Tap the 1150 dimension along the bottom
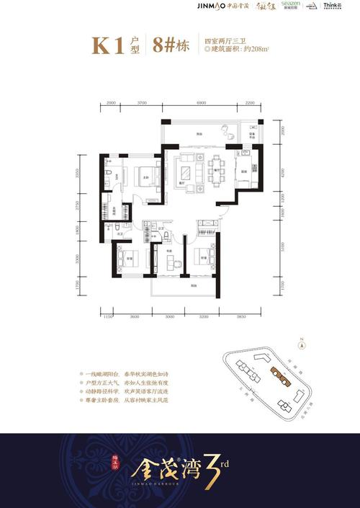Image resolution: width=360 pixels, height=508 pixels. tap(108, 316)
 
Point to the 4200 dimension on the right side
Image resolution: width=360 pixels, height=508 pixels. tap(283, 173)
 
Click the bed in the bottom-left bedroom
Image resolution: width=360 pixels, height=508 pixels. tap(124, 260)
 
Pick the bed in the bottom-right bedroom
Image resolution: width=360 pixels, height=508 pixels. tap(206, 257)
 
